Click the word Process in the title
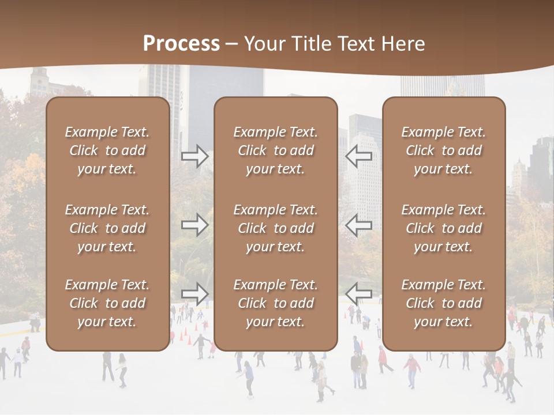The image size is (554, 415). click(x=181, y=43)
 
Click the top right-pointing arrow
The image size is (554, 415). click(x=194, y=156)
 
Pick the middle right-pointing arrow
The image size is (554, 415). click(x=194, y=225)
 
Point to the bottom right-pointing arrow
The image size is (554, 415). click(x=194, y=293)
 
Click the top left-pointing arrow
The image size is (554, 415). click(x=359, y=156)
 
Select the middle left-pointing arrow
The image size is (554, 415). click(x=359, y=225)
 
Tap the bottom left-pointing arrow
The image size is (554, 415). click(x=359, y=293)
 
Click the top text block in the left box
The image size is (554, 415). click(x=107, y=150)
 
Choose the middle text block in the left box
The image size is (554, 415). click(x=107, y=228)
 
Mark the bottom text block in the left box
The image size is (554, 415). click(x=107, y=303)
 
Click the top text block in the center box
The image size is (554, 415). click(x=276, y=150)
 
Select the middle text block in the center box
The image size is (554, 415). click(x=276, y=228)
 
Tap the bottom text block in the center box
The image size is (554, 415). click(x=276, y=303)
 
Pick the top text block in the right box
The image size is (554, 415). click(x=444, y=150)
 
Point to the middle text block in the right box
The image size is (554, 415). click(x=444, y=228)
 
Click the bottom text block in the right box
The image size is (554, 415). click(x=444, y=303)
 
